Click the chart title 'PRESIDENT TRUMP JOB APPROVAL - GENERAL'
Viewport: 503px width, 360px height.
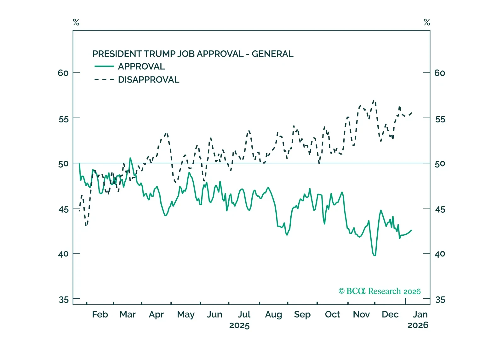tap(193, 54)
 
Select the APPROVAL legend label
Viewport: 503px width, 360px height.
tap(141, 66)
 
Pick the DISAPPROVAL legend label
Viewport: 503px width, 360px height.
tap(148, 80)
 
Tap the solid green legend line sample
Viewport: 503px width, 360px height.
tap(104, 66)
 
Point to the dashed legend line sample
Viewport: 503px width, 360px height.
tap(104, 80)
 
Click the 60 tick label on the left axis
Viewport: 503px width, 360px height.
tap(63, 73)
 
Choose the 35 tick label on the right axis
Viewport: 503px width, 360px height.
tap(440, 300)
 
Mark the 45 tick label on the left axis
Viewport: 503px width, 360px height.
tap(64, 209)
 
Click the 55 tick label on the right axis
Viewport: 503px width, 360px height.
tap(440, 119)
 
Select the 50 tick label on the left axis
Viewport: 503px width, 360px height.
tap(63, 164)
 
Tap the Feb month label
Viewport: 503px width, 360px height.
tap(100, 314)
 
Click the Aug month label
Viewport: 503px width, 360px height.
tap(273, 314)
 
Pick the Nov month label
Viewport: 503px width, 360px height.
tap(361, 314)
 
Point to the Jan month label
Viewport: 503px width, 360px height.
tap(420, 314)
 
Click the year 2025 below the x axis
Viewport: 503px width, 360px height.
tap(239, 325)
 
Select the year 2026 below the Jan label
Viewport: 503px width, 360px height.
tap(418, 325)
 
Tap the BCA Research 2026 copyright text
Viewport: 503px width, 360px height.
tap(380, 291)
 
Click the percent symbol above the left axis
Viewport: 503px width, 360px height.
tap(76, 22)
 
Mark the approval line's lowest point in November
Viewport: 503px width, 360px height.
tap(374, 255)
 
